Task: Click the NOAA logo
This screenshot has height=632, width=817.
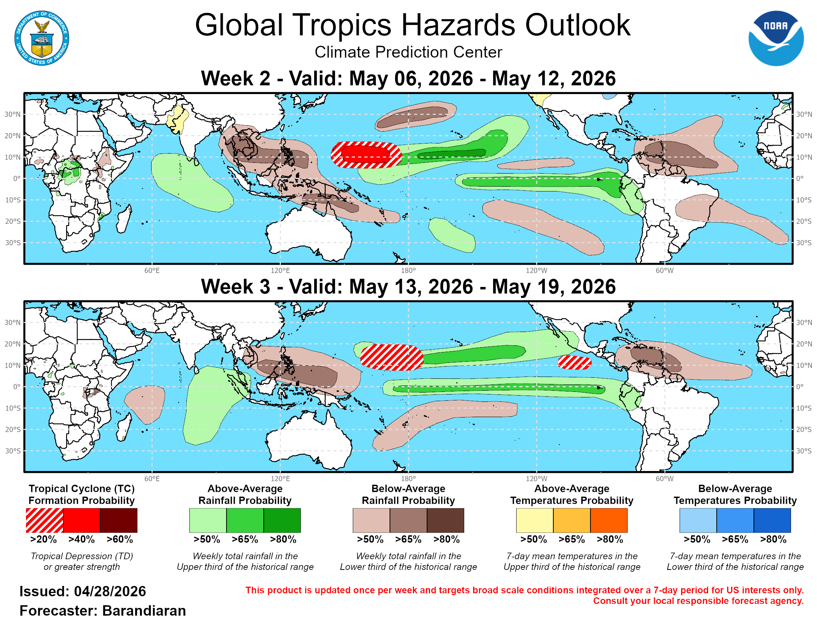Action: [775, 38]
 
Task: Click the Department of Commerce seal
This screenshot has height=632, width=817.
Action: [42, 38]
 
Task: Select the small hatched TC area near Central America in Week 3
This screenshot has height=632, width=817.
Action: [574, 362]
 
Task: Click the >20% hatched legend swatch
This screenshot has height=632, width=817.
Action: [45, 520]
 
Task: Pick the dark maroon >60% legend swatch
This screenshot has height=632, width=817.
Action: [118, 520]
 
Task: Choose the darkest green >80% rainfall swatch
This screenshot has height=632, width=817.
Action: [282, 520]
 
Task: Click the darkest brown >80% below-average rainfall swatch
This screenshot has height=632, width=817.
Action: [445, 520]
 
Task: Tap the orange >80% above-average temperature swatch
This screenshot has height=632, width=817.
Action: [609, 520]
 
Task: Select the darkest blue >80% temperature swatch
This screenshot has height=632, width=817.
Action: [772, 520]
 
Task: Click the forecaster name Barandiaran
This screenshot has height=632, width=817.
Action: [144, 611]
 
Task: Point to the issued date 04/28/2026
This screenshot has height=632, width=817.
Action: [110, 591]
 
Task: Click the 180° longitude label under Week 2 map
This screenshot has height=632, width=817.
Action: [408, 270]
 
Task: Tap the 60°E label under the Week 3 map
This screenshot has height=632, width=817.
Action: [152, 478]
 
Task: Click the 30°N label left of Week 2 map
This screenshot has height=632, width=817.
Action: [12, 114]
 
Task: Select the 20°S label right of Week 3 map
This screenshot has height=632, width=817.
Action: [804, 429]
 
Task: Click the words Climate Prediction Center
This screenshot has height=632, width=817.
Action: [408, 52]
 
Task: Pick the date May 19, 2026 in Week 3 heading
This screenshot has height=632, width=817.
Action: [554, 287]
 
